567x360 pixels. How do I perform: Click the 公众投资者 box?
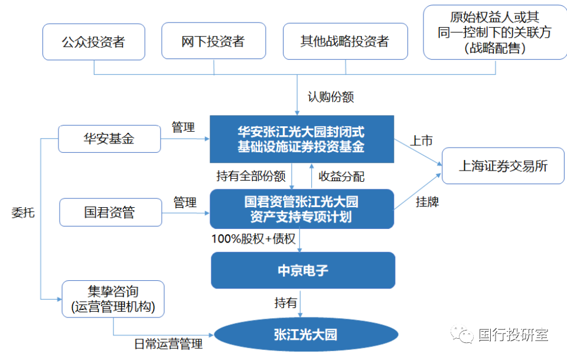point(94,42)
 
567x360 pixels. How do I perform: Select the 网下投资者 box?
point(213,42)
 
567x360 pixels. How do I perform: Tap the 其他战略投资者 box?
point(345,42)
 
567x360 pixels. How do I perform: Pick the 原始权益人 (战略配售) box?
point(494,32)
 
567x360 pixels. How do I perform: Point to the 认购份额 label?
point(331,96)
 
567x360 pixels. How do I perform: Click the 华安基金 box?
point(109,139)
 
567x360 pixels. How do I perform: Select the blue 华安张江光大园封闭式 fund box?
point(301,139)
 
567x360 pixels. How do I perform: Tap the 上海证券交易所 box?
point(503,166)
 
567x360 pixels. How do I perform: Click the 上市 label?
point(422,140)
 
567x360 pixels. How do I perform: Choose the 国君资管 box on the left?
point(110,212)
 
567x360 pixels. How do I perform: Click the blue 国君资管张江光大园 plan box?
point(301,209)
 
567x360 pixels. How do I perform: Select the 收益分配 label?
point(341,176)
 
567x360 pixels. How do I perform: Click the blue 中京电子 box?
point(302,270)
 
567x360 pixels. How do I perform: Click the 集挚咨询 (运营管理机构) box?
point(112,299)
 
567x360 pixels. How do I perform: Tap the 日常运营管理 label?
point(168,344)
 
